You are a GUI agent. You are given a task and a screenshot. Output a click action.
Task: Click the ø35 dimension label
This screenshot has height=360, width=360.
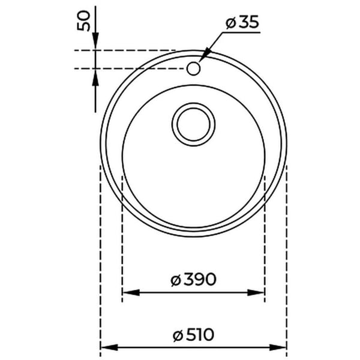coord(242,22)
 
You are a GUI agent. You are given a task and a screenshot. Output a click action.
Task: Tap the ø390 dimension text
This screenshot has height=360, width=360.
coord(193,280)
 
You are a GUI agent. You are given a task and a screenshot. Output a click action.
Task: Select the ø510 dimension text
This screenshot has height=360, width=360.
coord(193,335)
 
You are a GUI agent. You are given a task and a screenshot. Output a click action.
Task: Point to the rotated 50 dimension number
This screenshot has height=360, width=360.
coord(83,20)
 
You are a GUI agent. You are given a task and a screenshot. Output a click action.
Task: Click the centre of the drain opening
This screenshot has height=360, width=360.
coord(193,124)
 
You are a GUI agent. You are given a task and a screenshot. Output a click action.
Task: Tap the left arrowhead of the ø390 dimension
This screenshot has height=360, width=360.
coord(131,293)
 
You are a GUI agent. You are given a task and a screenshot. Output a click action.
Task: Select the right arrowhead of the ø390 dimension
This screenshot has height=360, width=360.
coord(256,293)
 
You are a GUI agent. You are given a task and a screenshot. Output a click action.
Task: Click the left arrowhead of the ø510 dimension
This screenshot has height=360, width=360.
coord(109,347)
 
